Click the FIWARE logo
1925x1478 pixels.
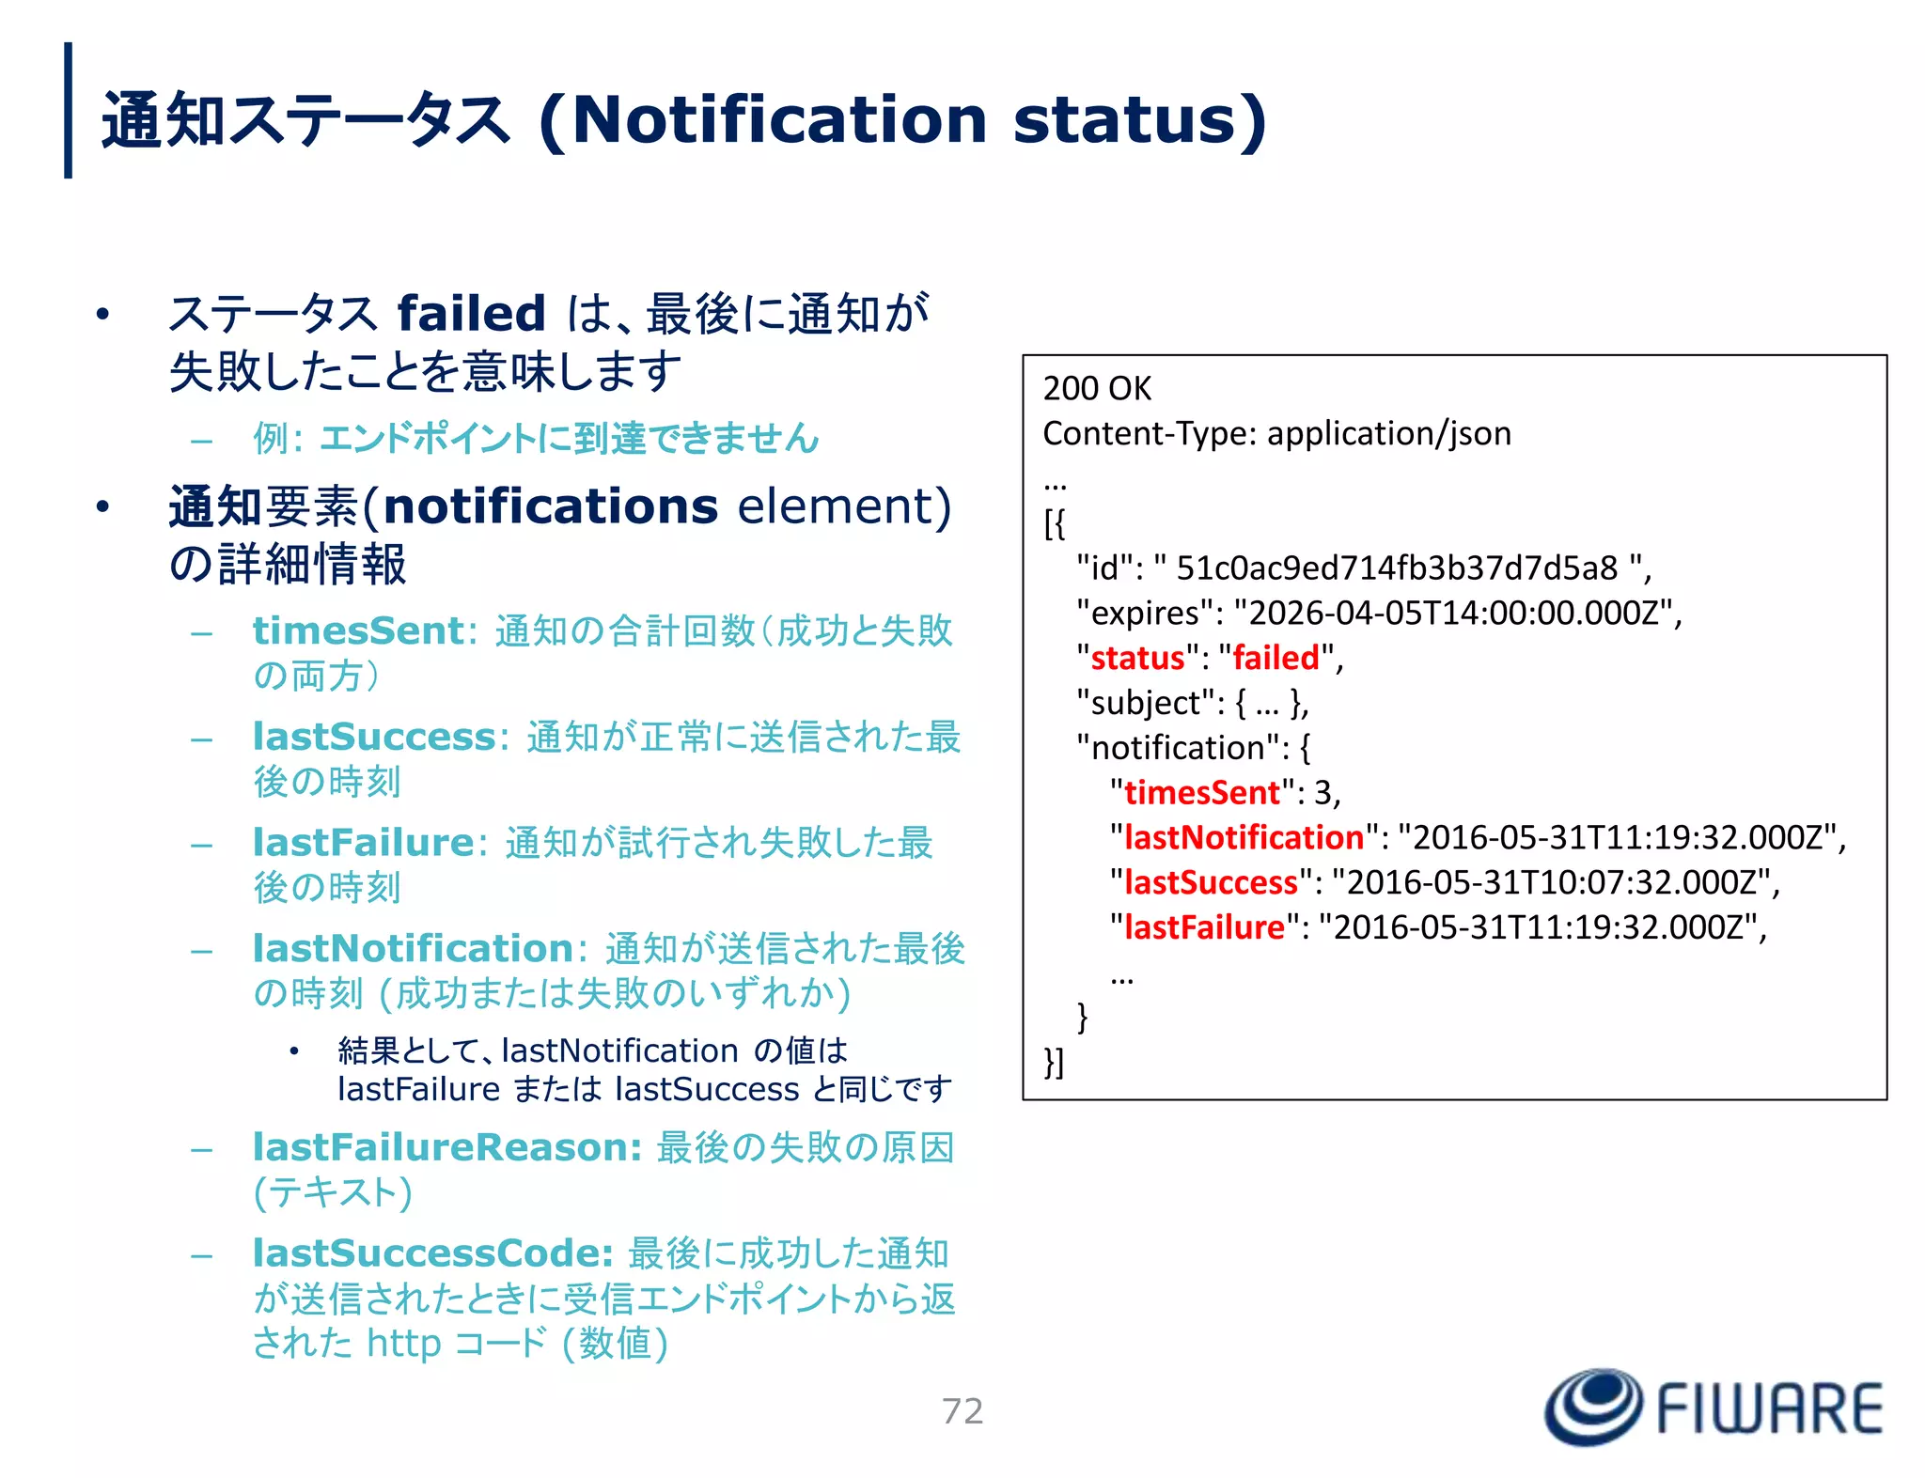click(1714, 1407)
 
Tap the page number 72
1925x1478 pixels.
click(962, 1410)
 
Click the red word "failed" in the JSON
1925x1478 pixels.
click(1276, 658)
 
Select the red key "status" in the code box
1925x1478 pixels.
click(1137, 658)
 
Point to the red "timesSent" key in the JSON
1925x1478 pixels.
click(1201, 792)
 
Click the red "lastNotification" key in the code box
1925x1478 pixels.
click(1244, 837)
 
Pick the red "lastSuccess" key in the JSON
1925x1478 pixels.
click(1211, 882)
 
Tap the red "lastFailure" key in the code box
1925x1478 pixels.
click(1204, 927)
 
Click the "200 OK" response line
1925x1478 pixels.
click(1096, 388)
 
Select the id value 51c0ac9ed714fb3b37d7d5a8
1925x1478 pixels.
click(1397, 568)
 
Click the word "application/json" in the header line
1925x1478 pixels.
click(1388, 433)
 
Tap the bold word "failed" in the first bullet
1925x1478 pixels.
click(471, 313)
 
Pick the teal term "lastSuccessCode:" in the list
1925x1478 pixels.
click(433, 1252)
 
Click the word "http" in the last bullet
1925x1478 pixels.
click(403, 1343)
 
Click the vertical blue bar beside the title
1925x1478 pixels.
click(68, 110)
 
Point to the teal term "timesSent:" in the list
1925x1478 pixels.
click(365, 630)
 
